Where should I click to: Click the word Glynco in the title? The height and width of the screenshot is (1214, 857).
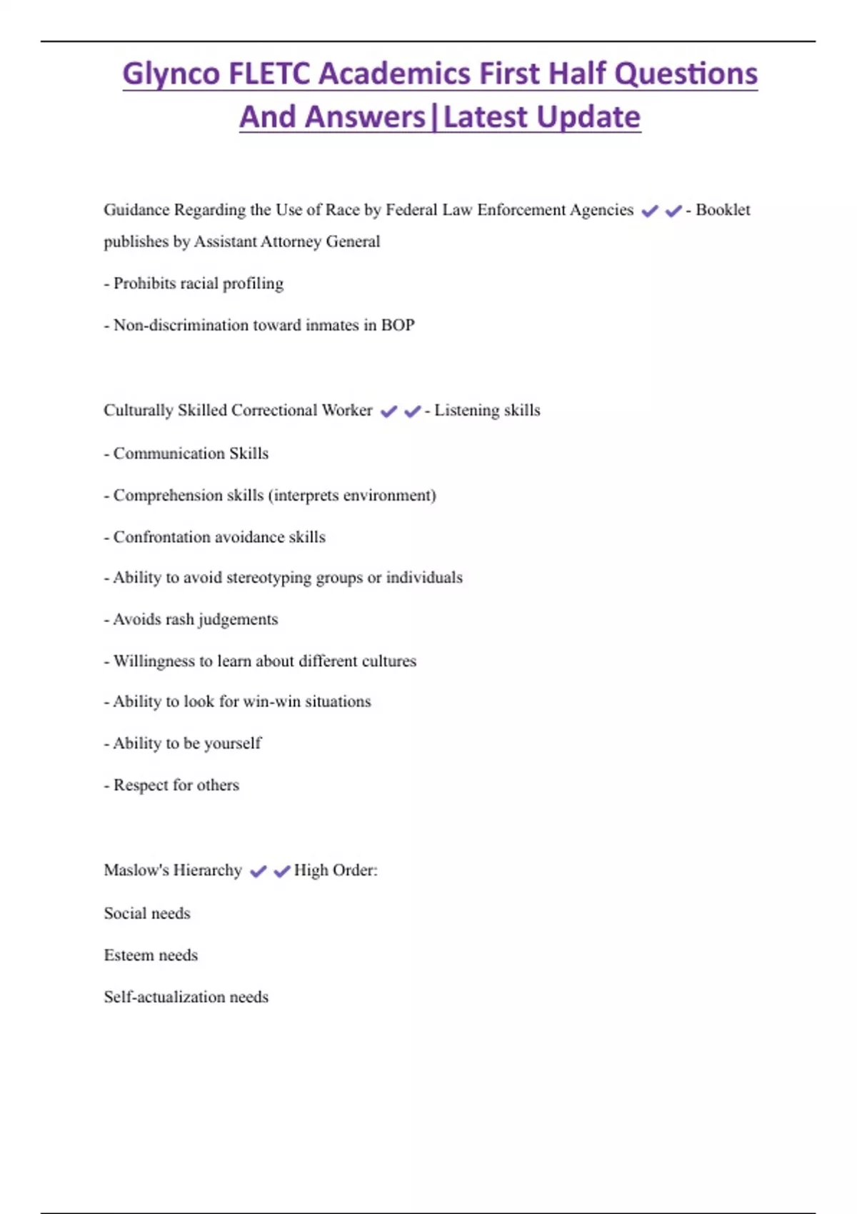(171, 74)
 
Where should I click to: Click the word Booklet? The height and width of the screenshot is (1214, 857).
(723, 210)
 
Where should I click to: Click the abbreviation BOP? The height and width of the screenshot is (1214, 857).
(398, 325)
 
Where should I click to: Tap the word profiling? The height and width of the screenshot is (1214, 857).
(253, 284)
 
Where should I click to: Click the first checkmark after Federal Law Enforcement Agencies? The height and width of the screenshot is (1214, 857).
(650, 211)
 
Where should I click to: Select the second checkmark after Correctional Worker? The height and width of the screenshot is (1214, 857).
(412, 411)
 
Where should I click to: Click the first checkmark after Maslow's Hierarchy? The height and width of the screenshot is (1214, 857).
(258, 871)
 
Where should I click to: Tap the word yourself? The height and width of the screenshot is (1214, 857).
(232, 743)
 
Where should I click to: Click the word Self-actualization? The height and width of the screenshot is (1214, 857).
(164, 997)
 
